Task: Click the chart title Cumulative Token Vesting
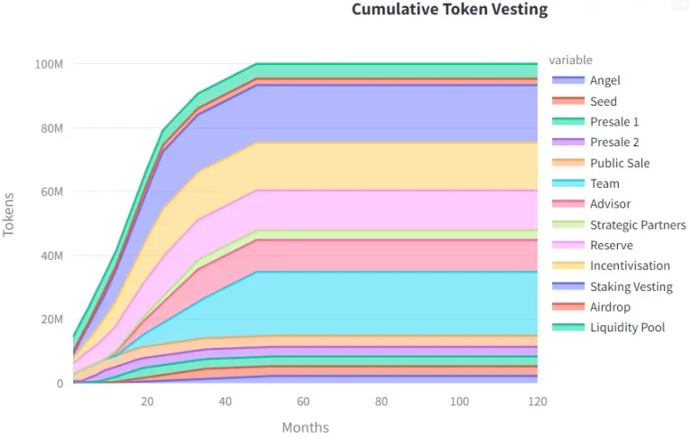448,10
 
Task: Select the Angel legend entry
604,80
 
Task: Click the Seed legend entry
603,101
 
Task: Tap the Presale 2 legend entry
614,143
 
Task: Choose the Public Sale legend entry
619,163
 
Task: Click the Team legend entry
604,183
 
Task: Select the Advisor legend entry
610,204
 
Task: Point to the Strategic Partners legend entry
637,225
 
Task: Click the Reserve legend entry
611,246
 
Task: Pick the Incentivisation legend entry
630,266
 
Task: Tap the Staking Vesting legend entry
631,287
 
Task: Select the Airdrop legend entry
610,307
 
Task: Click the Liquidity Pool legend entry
627,328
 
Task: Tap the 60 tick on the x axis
303,401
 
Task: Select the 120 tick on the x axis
537,401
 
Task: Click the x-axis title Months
305,427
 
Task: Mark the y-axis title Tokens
10,214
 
